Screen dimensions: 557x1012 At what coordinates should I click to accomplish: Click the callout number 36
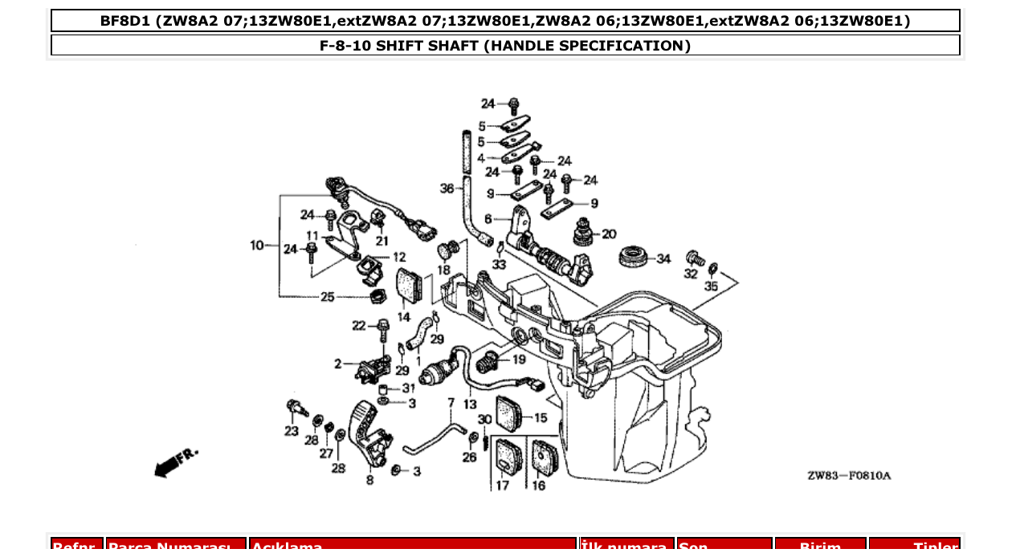(447, 189)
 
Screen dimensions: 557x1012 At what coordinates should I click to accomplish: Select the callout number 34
(663, 258)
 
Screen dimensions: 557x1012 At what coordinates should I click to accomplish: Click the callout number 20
(609, 234)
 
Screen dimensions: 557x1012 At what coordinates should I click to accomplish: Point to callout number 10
(257, 245)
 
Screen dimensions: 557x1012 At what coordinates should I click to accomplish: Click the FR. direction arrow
(173, 463)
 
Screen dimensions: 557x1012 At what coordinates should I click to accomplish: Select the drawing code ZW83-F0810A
(849, 476)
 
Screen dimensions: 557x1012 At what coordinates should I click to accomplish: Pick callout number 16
(538, 486)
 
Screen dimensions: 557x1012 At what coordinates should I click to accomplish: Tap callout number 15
(541, 417)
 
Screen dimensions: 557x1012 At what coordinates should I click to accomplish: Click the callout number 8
(369, 481)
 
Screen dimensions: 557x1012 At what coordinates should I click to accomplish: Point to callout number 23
(291, 431)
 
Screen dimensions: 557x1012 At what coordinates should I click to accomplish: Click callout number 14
(403, 317)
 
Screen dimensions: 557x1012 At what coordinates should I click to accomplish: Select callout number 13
(470, 404)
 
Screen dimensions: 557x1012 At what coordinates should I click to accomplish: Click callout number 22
(359, 325)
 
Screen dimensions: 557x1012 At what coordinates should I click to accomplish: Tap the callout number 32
(691, 274)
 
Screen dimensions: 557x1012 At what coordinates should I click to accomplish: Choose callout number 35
(712, 286)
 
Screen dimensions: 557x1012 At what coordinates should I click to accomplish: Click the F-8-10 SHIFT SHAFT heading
(505, 46)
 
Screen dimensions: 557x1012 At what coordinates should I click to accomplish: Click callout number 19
(519, 359)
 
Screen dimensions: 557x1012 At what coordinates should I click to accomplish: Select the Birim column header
(819, 547)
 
